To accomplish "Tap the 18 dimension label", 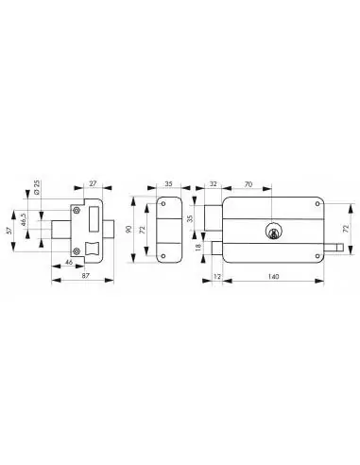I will coord(197,249).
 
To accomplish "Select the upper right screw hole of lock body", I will coord(317,203).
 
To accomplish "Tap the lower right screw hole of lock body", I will coord(317,255).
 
